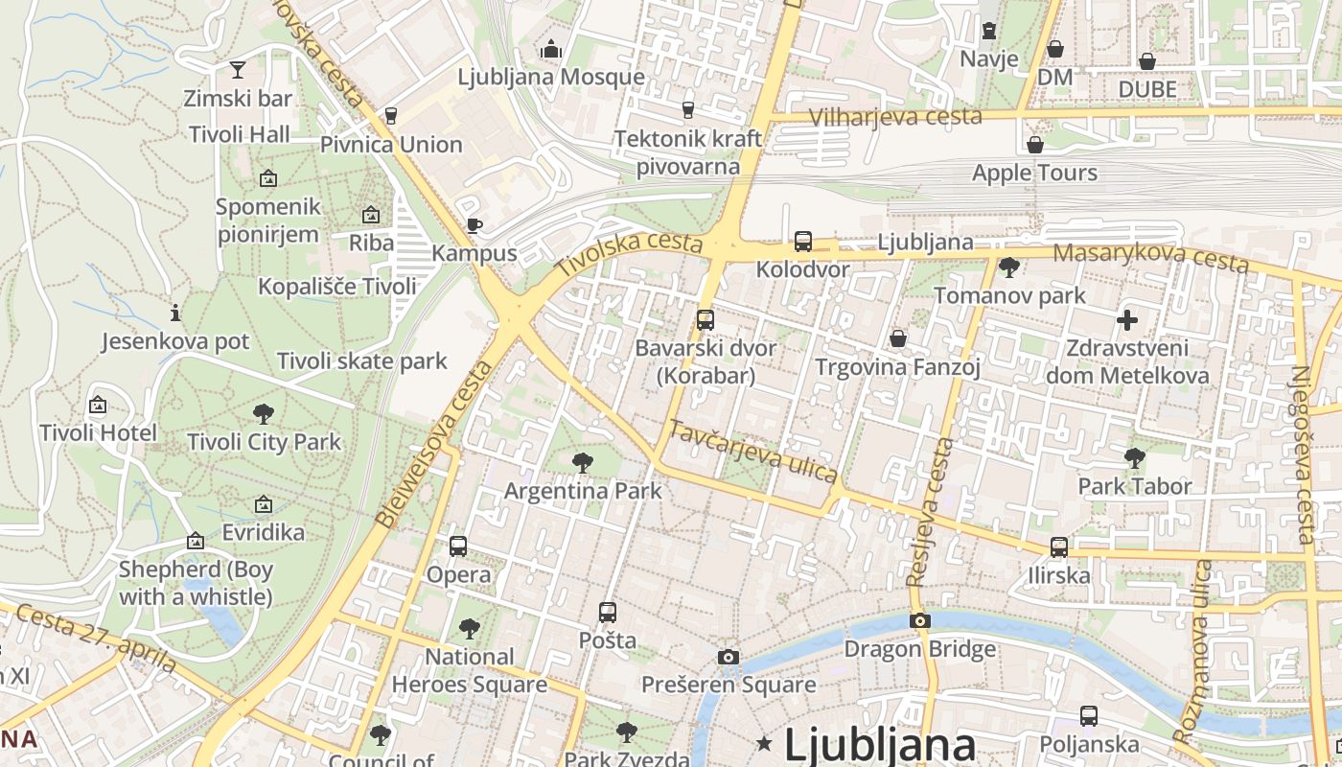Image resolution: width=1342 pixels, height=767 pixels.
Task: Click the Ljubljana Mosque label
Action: (x=551, y=77)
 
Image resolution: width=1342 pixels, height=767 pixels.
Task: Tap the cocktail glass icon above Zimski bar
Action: (x=237, y=69)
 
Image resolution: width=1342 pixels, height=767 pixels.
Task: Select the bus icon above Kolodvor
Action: (x=803, y=241)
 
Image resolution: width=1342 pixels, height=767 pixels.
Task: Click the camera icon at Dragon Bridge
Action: (x=920, y=620)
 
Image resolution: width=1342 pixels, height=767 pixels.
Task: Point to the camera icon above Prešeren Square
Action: (x=729, y=657)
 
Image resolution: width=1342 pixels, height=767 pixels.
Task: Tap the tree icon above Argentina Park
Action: (x=582, y=462)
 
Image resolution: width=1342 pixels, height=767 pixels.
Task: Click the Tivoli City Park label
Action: (x=265, y=442)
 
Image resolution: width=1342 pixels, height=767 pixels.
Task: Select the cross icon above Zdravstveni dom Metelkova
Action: (x=1127, y=319)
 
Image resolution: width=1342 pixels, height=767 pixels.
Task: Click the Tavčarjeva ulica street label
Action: (x=753, y=451)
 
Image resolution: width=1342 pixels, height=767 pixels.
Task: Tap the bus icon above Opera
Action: (x=458, y=546)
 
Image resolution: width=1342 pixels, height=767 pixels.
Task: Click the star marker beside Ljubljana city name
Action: (x=764, y=743)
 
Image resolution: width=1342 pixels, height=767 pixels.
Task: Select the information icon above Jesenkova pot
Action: (x=174, y=313)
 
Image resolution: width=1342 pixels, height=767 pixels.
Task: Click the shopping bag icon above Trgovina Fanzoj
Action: (x=898, y=337)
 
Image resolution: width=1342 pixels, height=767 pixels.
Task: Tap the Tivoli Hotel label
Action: (x=98, y=432)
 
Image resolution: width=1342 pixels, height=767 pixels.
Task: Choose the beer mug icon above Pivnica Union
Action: (x=390, y=116)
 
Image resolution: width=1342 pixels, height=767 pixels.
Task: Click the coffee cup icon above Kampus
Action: (x=474, y=225)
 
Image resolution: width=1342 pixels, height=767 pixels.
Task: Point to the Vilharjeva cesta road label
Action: (x=895, y=117)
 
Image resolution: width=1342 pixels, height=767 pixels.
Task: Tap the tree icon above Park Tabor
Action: (x=1135, y=457)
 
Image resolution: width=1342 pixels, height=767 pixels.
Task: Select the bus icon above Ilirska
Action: (x=1059, y=546)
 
